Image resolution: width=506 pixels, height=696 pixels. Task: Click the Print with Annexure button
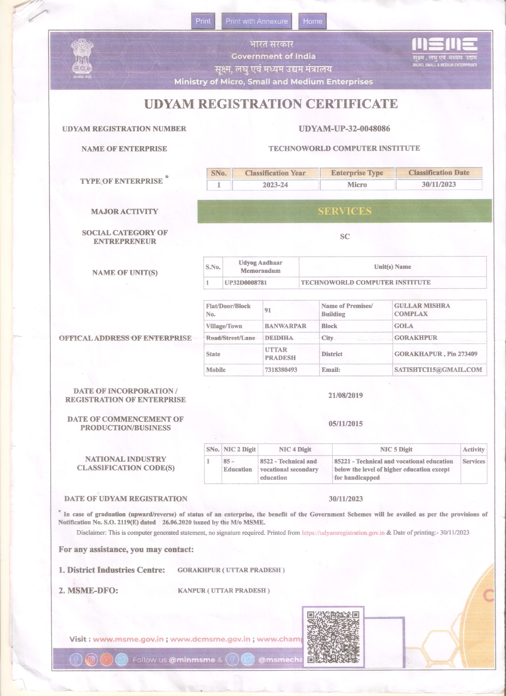click(x=257, y=21)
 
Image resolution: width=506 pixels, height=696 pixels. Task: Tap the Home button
click(x=312, y=21)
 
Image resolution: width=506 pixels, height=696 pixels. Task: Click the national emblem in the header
click(x=82, y=58)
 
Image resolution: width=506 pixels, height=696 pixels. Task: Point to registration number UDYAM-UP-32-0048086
click(x=344, y=129)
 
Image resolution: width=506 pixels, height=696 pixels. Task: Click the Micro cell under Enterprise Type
click(x=357, y=185)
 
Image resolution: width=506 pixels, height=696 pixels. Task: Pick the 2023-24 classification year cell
click(x=275, y=185)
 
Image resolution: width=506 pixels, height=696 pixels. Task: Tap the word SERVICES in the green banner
click(x=344, y=211)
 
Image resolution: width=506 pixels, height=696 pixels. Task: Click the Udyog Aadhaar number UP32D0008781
click(x=245, y=283)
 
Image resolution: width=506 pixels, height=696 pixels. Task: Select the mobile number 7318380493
click(x=281, y=370)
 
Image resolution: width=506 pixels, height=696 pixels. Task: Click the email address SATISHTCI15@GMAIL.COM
click(x=438, y=370)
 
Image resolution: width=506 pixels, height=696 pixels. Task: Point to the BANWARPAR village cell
click(x=285, y=326)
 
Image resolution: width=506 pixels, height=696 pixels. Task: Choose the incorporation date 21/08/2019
click(x=345, y=395)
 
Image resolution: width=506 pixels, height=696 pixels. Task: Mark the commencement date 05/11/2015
click(x=345, y=424)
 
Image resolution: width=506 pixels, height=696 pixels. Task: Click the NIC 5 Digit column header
click(x=396, y=450)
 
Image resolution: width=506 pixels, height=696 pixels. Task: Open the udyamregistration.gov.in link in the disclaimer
click(x=343, y=532)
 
